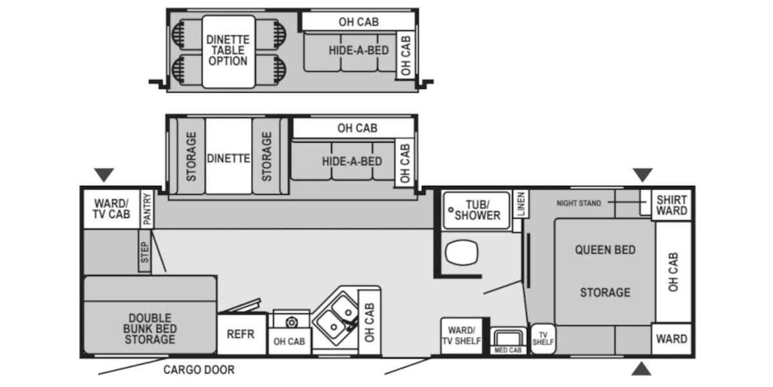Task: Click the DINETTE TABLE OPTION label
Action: pos(227,50)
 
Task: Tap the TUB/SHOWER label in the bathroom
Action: pos(477,210)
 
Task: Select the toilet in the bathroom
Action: pos(459,253)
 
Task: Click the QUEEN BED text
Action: pos(605,250)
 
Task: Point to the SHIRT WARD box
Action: pos(671,205)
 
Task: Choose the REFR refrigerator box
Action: pos(241,334)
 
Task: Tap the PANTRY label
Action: pos(147,209)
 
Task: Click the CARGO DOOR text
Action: pos(198,370)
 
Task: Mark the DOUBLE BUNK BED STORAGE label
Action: pos(149,328)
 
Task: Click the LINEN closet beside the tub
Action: pos(520,204)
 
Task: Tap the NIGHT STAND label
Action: pos(578,203)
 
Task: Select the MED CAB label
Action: pos(508,350)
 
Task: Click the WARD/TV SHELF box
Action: pos(461,335)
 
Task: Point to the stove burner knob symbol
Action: pos(291,322)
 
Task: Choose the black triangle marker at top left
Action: pos(104,174)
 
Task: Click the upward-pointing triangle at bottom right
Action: pos(640,368)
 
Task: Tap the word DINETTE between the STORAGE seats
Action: pos(228,157)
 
